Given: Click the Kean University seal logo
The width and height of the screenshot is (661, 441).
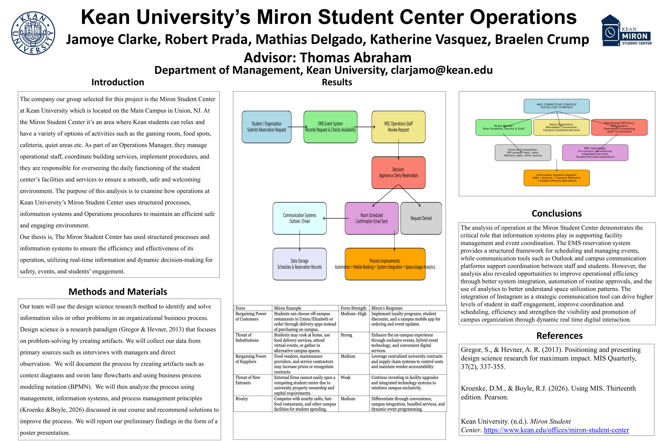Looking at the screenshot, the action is [x=33, y=33].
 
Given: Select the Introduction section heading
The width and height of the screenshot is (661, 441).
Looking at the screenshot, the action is [x=117, y=82].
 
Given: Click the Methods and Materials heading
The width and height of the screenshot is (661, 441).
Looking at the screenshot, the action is [x=118, y=292].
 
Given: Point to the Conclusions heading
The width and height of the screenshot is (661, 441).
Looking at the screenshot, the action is [x=557, y=213].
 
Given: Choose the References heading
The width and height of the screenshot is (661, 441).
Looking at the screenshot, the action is [x=559, y=335].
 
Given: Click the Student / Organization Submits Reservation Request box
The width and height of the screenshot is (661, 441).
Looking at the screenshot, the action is [x=267, y=127].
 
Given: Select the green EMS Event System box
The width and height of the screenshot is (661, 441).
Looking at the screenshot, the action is [x=330, y=127].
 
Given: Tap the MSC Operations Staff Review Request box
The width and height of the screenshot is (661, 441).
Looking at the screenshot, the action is [x=398, y=127].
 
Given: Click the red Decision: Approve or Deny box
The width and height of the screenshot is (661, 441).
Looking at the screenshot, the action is [x=398, y=172].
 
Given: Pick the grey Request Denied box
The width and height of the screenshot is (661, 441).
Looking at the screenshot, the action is [x=421, y=218].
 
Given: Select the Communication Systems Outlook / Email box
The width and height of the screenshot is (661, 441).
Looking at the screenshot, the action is [x=299, y=218].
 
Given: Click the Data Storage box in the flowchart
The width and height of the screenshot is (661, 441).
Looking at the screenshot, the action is [x=299, y=264].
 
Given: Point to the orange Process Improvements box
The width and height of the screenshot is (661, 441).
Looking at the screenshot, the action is [x=385, y=264].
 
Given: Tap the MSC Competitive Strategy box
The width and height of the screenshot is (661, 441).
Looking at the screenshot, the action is [x=557, y=106].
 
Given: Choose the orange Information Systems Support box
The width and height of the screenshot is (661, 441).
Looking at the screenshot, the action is [x=557, y=178].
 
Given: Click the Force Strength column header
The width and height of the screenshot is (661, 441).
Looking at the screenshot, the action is [x=353, y=308].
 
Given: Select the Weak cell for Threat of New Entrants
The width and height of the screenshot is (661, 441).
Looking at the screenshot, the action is [x=345, y=378].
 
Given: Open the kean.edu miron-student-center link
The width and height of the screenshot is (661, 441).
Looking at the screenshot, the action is [x=556, y=430].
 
